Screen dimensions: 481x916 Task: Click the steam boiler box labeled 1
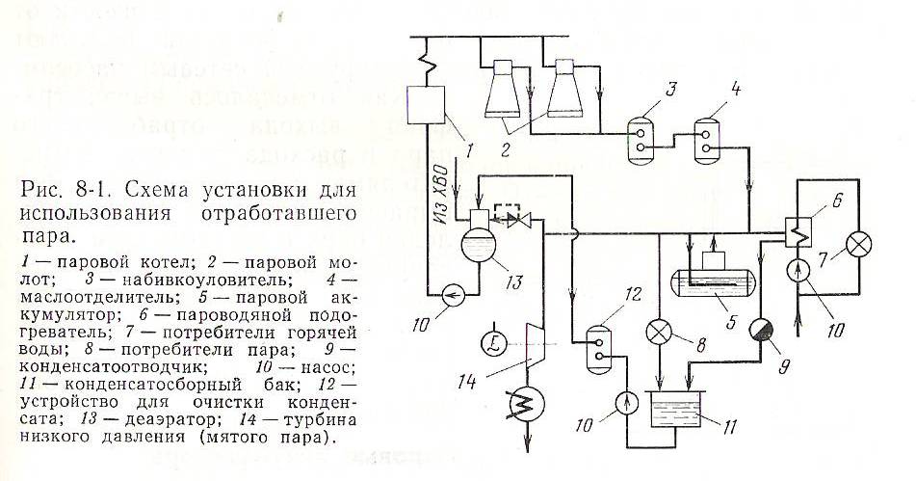point(427,106)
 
